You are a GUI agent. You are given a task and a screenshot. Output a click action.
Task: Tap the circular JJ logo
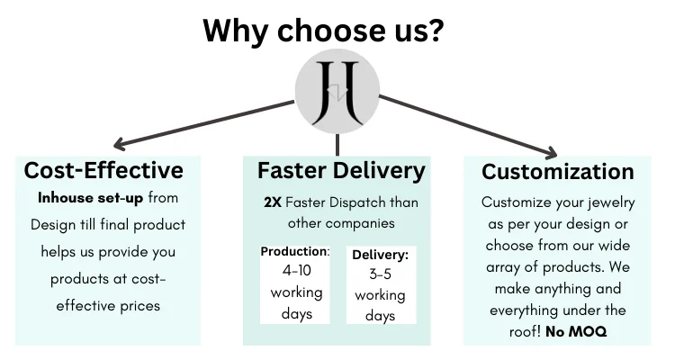337,93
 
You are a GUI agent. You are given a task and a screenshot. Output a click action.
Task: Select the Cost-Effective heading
103,170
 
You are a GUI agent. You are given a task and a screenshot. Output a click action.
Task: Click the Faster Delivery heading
341,170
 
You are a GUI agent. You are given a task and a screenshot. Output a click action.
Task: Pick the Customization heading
558,171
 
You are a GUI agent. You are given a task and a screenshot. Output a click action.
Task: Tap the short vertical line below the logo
337,143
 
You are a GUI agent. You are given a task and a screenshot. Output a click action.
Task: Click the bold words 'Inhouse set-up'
90,197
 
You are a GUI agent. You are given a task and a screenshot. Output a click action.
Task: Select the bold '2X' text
273,202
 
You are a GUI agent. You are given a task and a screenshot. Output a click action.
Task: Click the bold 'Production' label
294,251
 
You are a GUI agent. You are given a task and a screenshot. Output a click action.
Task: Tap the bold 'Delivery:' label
380,256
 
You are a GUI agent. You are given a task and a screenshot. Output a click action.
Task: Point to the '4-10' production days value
295,269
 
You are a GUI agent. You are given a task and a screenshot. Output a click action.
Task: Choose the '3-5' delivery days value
380,274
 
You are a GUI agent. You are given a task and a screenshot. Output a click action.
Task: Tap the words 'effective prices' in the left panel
108,305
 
